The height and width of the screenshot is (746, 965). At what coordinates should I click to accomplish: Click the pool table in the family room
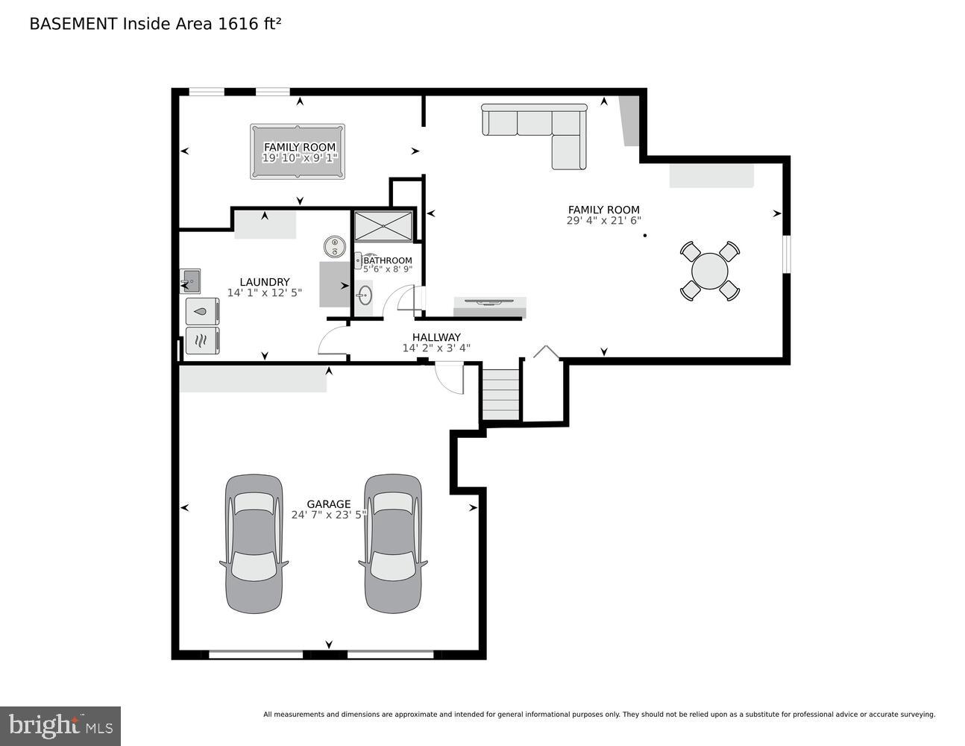click(298, 151)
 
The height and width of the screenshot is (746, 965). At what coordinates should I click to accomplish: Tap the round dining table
click(709, 271)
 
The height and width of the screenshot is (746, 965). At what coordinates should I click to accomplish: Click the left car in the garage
click(254, 543)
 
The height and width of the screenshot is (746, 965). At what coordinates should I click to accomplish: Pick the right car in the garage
click(392, 543)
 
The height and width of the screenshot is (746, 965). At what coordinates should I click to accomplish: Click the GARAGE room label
click(329, 504)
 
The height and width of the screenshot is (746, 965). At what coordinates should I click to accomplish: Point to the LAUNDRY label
click(264, 282)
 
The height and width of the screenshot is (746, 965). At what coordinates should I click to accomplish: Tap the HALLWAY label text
click(436, 337)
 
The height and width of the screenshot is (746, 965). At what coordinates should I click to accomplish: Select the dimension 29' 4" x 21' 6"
click(603, 221)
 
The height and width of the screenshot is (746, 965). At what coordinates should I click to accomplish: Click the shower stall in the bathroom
click(383, 226)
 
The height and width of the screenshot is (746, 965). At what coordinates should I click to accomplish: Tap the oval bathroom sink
click(364, 295)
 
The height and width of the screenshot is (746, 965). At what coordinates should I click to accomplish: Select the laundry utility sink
click(190, 281)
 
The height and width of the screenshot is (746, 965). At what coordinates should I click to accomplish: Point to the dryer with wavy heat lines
click(202, 341)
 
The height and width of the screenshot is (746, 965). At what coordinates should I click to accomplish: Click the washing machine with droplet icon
click(202, 310)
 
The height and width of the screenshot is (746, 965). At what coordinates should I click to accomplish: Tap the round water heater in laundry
click(334, 245)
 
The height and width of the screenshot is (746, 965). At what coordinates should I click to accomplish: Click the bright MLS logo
click(60, 726)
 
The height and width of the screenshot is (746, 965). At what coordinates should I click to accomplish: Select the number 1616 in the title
click(234, 24)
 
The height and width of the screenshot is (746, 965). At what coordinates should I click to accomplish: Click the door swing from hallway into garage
click(450, 377)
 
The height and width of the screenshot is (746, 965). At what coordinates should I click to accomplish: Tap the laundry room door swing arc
click(333, 341)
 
